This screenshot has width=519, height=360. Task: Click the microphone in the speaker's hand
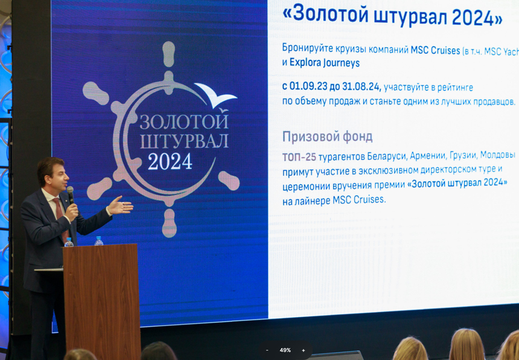(70, 195)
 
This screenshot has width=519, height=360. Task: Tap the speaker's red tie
(61, 218)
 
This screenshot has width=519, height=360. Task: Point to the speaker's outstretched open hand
(120, 205)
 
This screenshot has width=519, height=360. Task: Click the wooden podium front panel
(102, 301)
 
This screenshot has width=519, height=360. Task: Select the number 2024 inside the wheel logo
(170, 161)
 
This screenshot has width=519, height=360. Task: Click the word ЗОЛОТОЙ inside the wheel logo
(184, 122)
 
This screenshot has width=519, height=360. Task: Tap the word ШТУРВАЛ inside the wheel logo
(184, 141)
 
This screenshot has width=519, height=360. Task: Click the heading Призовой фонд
(327, 137)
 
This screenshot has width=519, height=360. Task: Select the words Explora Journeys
(325, 63)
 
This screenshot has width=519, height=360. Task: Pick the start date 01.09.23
(310, 87)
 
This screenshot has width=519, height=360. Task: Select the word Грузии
(463, 155)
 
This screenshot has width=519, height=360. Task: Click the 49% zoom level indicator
(285, 350)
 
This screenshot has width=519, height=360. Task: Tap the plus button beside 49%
(303, 350)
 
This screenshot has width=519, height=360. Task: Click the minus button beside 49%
(267, 350)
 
